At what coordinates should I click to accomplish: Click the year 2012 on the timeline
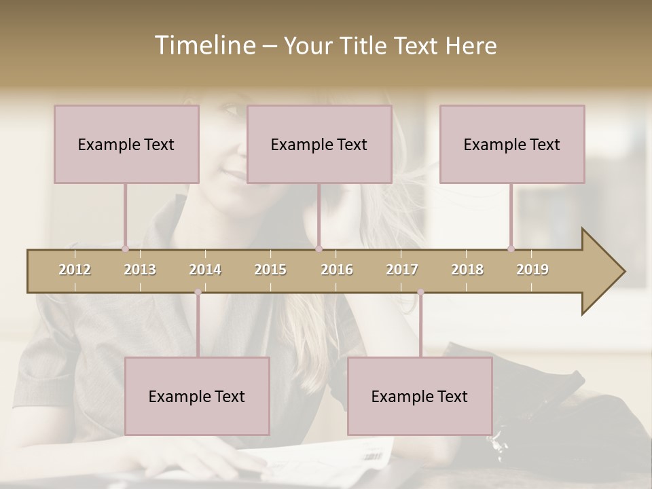tap(75, 270)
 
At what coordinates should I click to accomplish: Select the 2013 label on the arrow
tap(140, 270)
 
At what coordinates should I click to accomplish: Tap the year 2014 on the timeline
tap(205, 270)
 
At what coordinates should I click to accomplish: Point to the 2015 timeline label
tap(270, 270)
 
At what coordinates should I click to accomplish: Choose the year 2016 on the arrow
tap(337, 270)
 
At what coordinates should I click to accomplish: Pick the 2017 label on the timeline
tap(402, 270)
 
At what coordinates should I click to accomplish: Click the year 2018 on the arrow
tap(467, 270)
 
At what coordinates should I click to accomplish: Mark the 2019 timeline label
tap(532, 270)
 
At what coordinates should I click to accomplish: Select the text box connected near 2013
tap(126, 144)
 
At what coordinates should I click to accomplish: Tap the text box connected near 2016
tap(319, 144)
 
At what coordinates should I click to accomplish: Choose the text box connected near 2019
tap(512, 144)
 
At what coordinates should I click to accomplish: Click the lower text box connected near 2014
tap(197, 396)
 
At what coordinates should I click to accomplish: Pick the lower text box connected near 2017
tap(420, 396)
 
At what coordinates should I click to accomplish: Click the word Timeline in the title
tap(204, 46)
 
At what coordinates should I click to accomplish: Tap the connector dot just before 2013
tap(125, 249)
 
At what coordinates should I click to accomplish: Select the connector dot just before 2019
tap(511, 249)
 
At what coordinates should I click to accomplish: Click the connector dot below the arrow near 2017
tap(420, 292)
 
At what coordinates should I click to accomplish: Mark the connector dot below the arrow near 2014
tap(198, 292)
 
